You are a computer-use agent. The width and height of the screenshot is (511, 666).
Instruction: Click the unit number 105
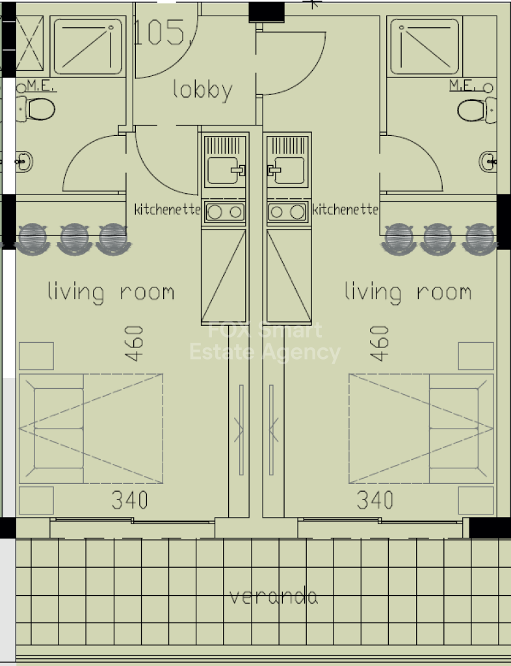159,33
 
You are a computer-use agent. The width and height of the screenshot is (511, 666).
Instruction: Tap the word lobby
203,90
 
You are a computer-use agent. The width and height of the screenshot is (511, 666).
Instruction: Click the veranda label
274,596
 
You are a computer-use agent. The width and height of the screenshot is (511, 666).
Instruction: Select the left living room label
111,292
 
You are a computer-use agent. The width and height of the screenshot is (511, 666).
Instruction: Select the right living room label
408,292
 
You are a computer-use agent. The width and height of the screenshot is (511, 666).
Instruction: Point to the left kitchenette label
167,209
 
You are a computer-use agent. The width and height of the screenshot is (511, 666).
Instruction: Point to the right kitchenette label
345,209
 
